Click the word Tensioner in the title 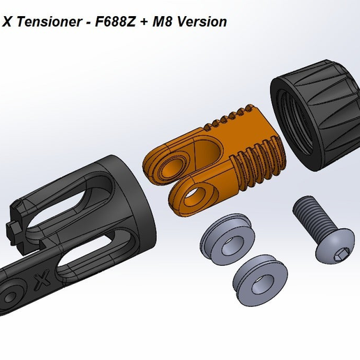click(x=47, y=22)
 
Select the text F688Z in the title click(x=115, y=22)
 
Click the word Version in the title click(x=203, y=22)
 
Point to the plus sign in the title click(x=143, y=22)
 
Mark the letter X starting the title click(x=7, y=22)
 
